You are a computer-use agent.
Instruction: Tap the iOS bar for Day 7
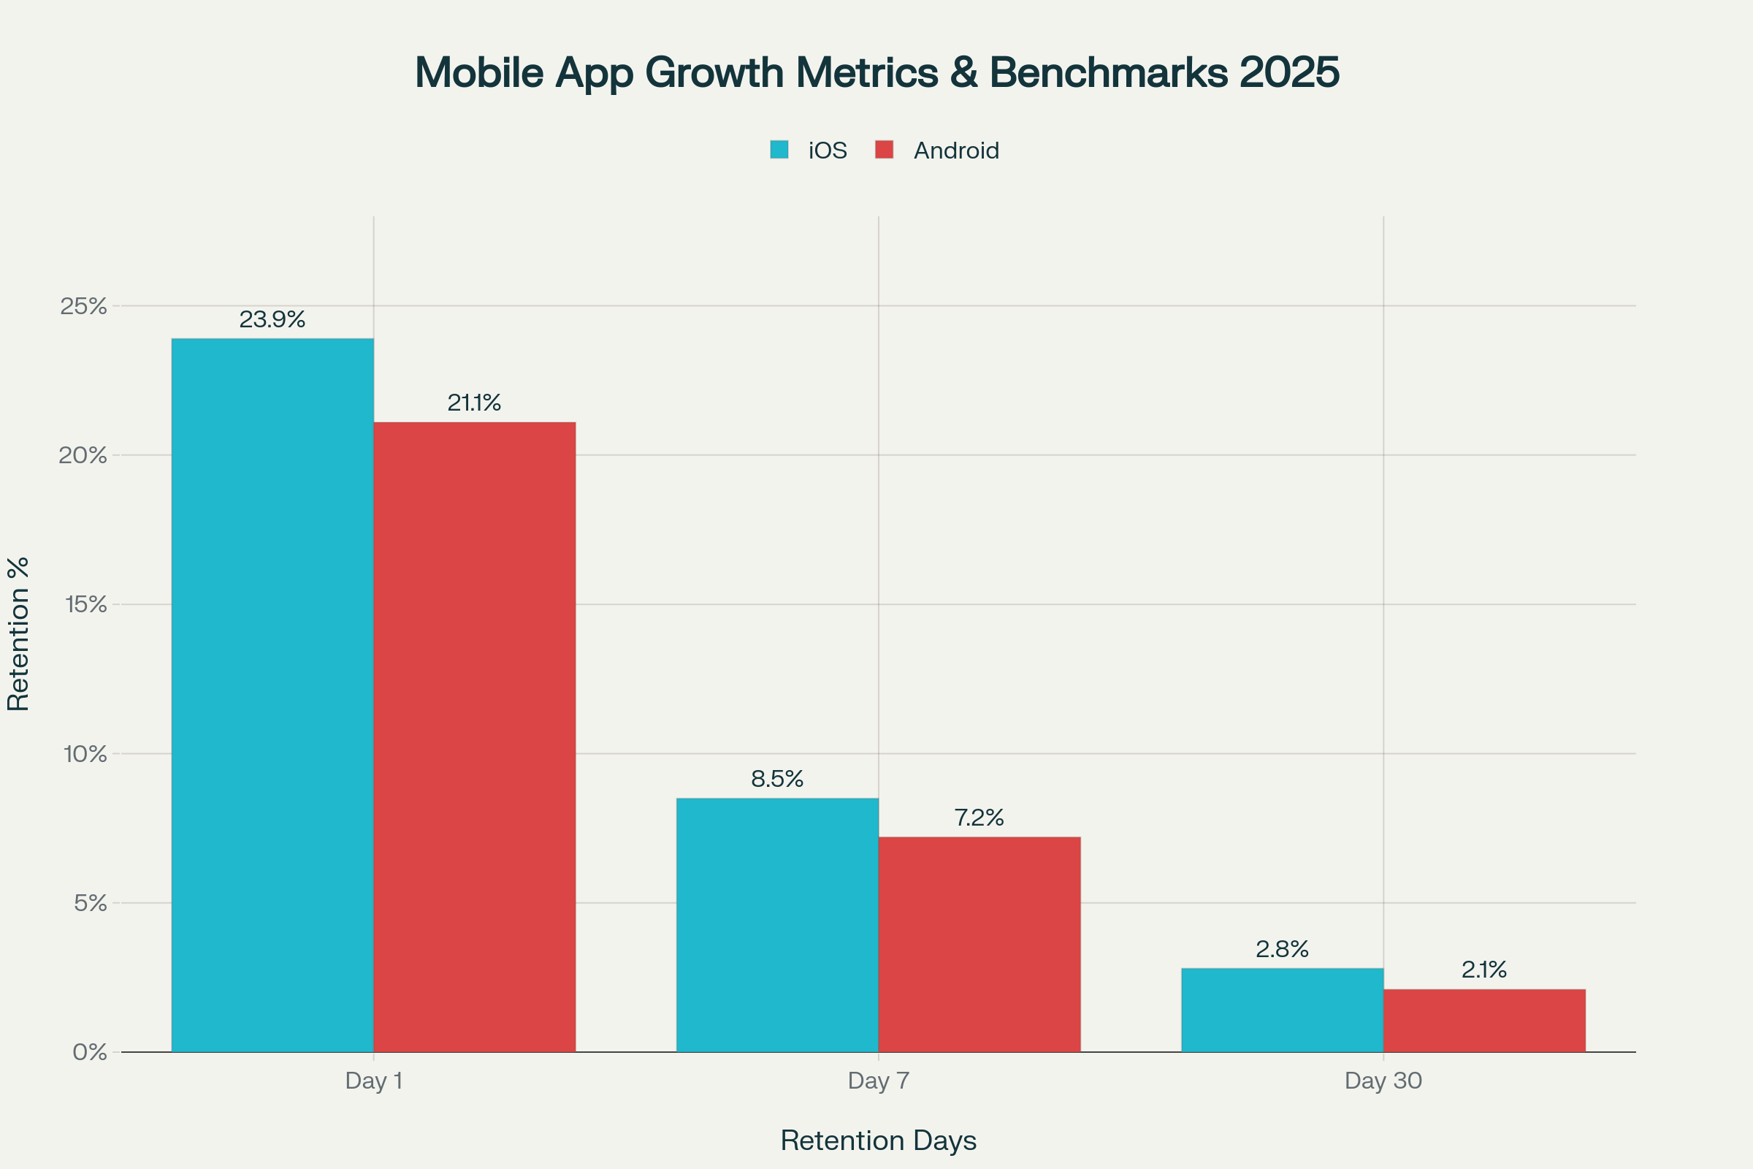(x=777, y=924)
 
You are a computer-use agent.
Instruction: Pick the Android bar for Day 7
(x=979, y=944)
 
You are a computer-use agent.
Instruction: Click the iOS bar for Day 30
(x=1282, y=1010)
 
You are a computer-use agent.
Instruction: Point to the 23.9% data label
(x=272, y=319)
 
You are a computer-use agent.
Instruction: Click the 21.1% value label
(x=474, y=403)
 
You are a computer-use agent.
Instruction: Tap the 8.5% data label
(x=777, y=779)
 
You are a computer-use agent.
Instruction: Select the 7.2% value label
(x=979, y=818)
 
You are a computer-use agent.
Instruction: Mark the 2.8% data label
(x=1282, y=949)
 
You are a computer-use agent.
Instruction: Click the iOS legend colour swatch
(x=779, y=150)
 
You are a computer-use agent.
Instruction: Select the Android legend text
(x=956, y=151)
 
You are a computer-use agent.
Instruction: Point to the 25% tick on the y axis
(x=83, y=305)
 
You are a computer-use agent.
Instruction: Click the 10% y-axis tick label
(x=85, y=754)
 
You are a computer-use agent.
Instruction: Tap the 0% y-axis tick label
(x=89, y=1053)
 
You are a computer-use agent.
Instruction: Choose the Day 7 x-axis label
(x=879, y=1081)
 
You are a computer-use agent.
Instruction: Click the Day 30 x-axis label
(x=1383, y=1081)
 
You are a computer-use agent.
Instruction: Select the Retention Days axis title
(x=878, y=1141)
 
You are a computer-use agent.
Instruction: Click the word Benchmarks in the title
(x=1107, y=72)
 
